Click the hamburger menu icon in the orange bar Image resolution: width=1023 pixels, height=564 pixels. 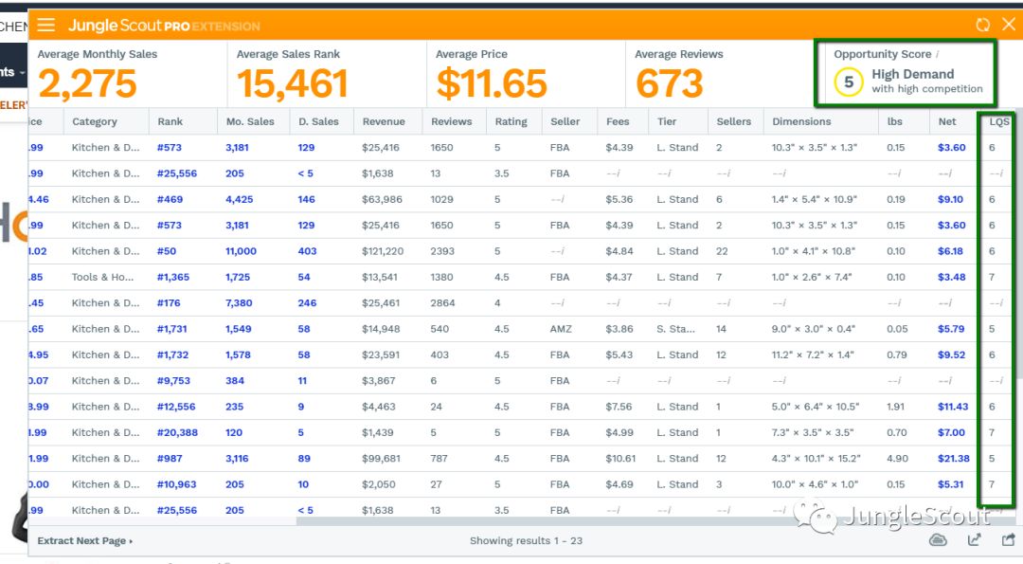tap(45, 26)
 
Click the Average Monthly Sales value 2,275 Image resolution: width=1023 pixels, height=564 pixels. tap(88, 84)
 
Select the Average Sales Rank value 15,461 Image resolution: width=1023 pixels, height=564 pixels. tap(292, 84)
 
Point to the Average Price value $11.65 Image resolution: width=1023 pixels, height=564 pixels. tap(492, 84)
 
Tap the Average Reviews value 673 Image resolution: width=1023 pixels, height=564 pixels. tap(670, 84)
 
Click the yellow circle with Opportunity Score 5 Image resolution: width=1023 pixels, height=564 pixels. tap(849, 82)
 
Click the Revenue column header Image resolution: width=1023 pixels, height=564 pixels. tap(384, 121)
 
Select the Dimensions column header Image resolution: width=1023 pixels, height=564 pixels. tap(801, 121)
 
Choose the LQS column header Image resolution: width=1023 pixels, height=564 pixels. tap(999, 121)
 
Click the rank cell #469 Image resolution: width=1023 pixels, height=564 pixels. tap(170, 200)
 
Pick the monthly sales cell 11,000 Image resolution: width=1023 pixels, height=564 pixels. tap(241, 251)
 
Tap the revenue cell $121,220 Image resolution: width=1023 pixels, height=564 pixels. tap(383, 251)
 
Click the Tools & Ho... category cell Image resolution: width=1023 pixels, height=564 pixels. tap(103, 278)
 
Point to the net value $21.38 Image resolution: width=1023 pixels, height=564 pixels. tap(953, 459)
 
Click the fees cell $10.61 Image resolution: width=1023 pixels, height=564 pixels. tap(621, 459)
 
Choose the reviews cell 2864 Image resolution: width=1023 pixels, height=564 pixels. tap(442, 303)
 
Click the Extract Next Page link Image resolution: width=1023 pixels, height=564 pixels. tap(84, 541)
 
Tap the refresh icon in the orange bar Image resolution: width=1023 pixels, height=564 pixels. tap(983, 26)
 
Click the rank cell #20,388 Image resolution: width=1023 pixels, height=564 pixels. tap(177, 433)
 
